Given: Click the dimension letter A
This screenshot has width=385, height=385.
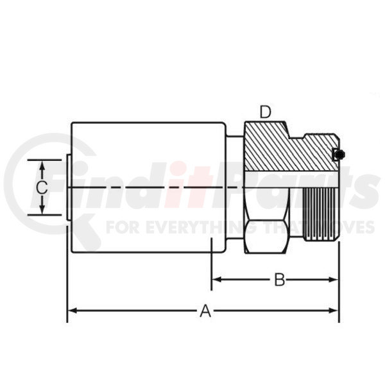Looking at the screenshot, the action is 205,311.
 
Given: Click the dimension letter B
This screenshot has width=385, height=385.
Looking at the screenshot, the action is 279,280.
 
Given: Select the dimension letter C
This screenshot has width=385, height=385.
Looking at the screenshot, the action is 42,188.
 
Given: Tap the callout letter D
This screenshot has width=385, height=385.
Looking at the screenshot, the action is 266,112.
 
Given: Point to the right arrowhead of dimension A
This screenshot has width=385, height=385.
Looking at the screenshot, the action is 334,311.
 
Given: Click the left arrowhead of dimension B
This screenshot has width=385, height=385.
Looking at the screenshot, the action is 217,279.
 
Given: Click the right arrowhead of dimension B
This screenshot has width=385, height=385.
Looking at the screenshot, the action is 334,279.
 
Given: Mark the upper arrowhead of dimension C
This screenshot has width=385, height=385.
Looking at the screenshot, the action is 42,166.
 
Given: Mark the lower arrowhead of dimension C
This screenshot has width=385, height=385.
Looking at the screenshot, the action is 42,209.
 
